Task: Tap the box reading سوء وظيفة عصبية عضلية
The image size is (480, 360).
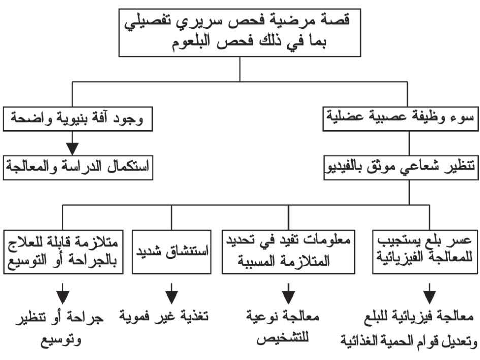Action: pos(400,119)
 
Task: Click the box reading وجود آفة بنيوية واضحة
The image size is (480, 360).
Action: pos(78,119)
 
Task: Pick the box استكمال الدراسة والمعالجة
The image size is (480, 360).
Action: pos(78,168)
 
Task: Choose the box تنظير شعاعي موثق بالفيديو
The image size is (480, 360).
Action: pos(401,168)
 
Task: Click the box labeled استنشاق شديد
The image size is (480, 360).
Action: pos(172,252)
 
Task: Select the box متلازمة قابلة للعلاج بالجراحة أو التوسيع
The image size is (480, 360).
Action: pos(63,252)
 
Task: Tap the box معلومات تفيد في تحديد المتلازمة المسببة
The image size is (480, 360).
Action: pos(289,252)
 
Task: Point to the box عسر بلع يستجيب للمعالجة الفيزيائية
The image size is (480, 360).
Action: pos(425,252)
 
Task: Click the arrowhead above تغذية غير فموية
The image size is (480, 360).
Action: pos(172,297)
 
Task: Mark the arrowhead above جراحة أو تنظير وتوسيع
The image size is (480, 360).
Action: pos(63,297)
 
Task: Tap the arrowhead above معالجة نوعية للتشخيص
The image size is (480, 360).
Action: pos(289,297)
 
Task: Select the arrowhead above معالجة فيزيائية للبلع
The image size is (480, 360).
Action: pos(430,297)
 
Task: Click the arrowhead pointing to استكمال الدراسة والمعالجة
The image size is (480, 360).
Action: pos(72,149)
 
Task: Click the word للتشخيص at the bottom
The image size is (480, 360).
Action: pos(282,338)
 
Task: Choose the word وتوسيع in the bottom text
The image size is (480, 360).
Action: pos(61,339)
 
